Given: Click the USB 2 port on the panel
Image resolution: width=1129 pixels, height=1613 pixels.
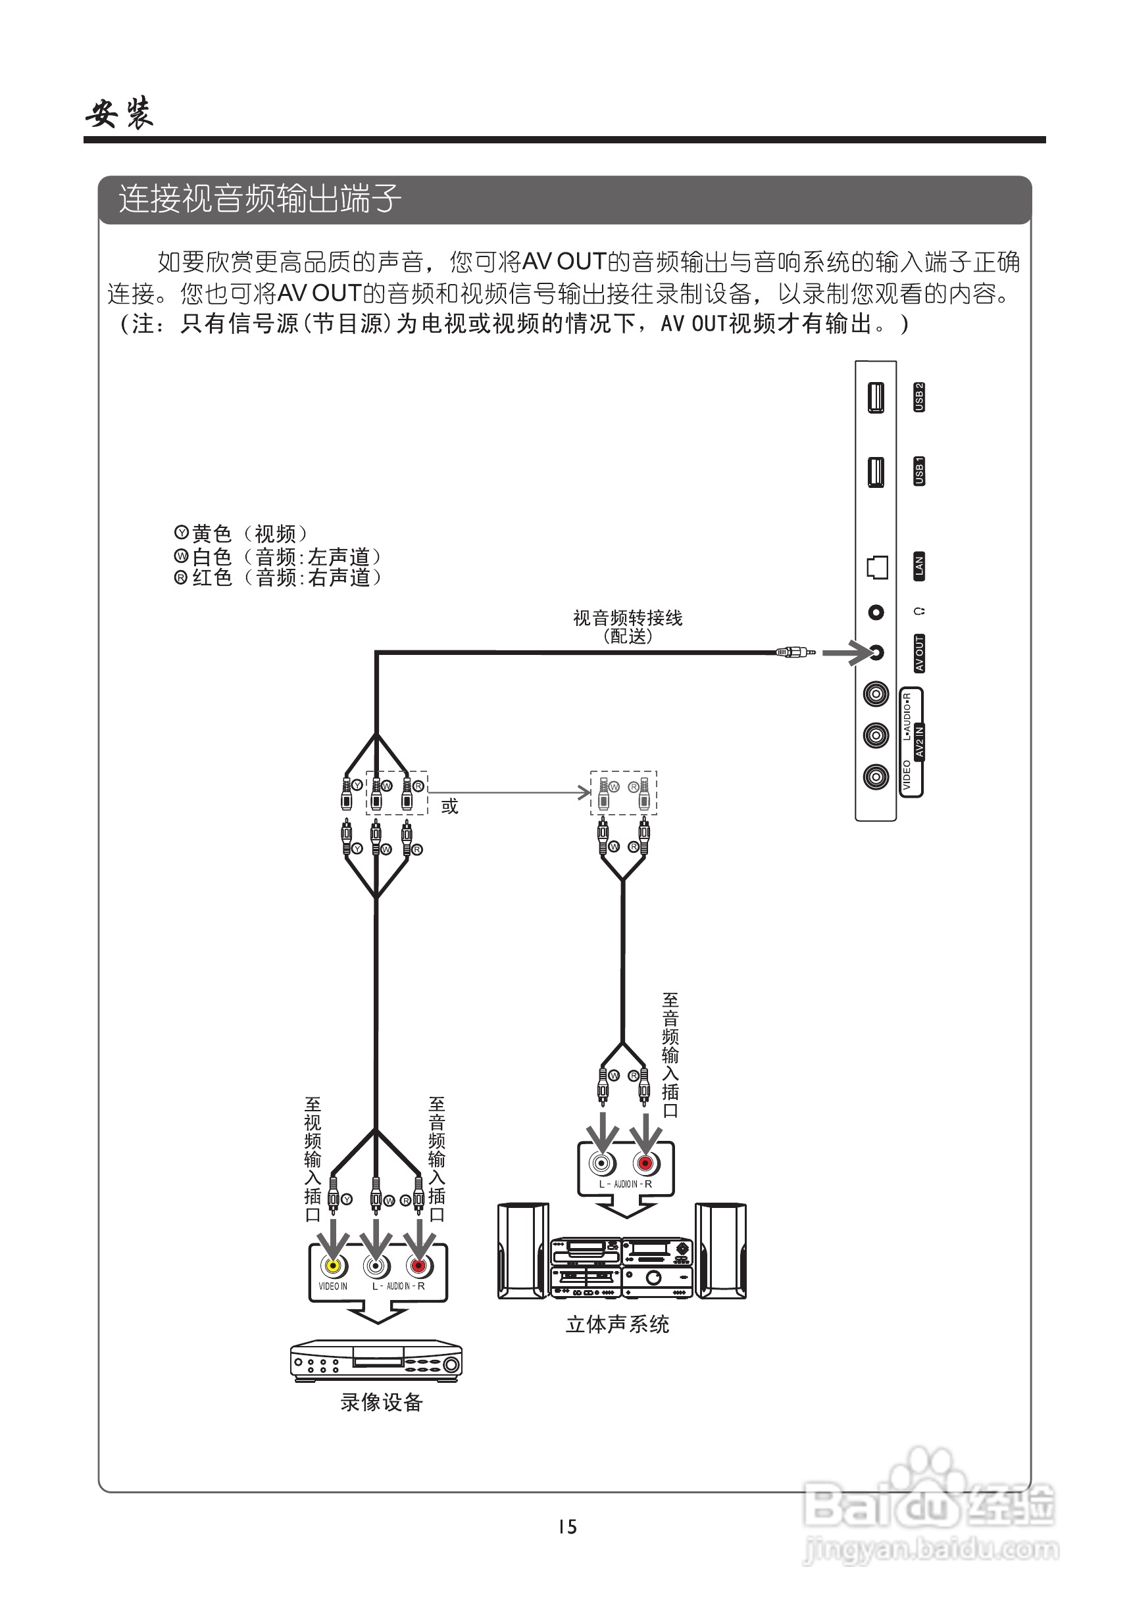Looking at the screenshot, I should pyautogui.click(x=875, y=398).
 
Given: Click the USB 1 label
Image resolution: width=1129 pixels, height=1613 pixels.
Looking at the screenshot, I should pyautogui.click(x=919, y=471).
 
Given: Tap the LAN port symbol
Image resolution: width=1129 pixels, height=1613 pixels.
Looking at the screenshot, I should pyautogui.click(x=876, y=567).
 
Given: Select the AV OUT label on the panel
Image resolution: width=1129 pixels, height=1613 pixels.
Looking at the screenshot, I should pyautogui.click(x=919, y=654).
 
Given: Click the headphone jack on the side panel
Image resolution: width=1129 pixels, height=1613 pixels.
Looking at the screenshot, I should pyautogui.click(x=876, y=613).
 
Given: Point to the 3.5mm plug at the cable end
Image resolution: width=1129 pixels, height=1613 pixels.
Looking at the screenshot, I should pyautogui.click(x=795, y=653).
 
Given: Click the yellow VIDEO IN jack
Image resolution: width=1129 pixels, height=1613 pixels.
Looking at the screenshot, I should pyautogui.click(x=333, y=1266).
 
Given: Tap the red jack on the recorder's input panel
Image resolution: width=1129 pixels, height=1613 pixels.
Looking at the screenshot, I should pyautogui.click(x=418, y=1266).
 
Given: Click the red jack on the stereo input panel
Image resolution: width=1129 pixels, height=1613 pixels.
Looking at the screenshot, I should pyautogui.click(x=645, y=1163).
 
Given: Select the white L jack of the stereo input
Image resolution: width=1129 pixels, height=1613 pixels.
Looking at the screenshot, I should pyautogui.click(x=602, y=1163).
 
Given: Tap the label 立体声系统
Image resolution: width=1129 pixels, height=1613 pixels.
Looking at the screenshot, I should pyautogui.click(x=617, y=1324).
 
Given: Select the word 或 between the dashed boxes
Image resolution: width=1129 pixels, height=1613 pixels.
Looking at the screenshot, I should pyautogui.click(x=449, y=806).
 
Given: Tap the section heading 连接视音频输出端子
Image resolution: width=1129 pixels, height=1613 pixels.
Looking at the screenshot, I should pyautogui.click(x=260, y=199).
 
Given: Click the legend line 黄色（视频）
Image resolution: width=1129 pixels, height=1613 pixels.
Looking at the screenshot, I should pyautogui.click(x=242, y=534).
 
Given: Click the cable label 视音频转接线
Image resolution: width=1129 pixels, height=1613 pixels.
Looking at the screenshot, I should pyautogui.click(x=627, y=618).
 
